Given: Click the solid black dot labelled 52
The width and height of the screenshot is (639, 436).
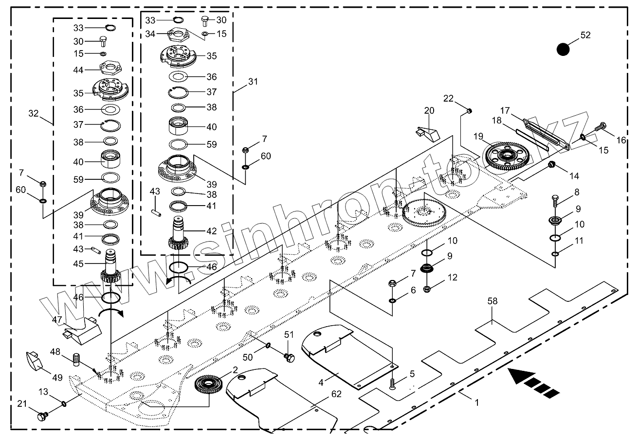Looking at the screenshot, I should coord(563,49).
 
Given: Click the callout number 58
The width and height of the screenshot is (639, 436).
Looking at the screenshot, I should coord(493,302).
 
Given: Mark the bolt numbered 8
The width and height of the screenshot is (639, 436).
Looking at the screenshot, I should coord(555,200).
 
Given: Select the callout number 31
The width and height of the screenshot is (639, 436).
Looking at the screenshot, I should coord(253,82).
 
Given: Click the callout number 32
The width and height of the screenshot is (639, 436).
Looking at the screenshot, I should coord(33,113).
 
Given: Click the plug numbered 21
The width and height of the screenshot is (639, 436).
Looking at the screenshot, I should coord(42,417).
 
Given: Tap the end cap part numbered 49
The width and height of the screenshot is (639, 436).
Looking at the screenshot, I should coord(34,361).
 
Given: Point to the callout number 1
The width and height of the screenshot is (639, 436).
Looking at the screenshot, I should coord(477,402).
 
